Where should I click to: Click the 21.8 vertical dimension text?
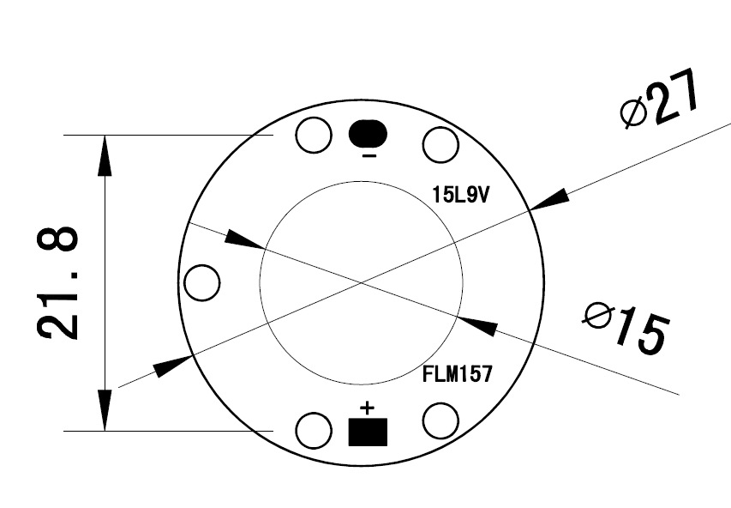pyautogui.click(x=58, y=282)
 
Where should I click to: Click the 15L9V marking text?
pyautogui.click(x=460, y=195)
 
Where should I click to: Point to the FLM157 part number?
pyautogui.click(x=456, y=374)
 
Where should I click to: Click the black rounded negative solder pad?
pyautogui.click(x=368, y=134)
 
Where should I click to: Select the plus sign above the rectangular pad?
pyautogui.click(x=368, y=406)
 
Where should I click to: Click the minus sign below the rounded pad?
pyautogui.click(x=368, y=157)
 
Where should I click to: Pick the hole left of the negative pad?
pyautogui.click(x=314, y=135)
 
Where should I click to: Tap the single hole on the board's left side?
pyautogui.click(x=202, y=283)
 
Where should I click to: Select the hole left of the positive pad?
pyautogui.click(x=314, y=430)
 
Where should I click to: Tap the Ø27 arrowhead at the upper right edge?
pyautogui.click(x=549, y=199)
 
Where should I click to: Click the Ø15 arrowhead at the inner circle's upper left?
pyautogui.click(x=243, y=241)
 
